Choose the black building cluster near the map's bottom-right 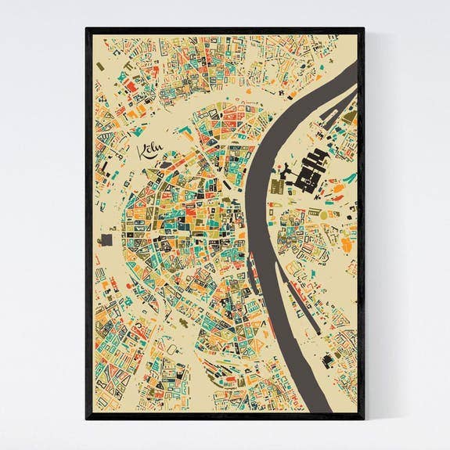pyautogui.click(x=328, y=361)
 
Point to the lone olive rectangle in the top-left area pyautogui.click(x=100, y=67)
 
